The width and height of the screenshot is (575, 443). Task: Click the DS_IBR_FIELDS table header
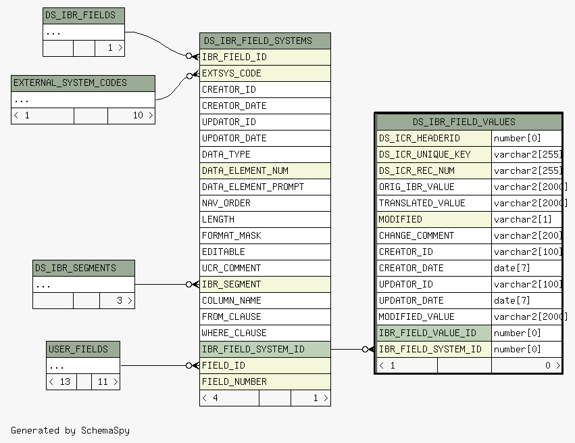[x=84, y=16]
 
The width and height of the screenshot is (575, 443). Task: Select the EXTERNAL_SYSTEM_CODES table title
[x=83, y=83]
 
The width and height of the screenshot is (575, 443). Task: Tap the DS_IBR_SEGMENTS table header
[x=84, y=269]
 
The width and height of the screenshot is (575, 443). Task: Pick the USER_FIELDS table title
[x=83, y=350]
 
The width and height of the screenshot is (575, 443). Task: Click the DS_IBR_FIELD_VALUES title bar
[x=469, y=122]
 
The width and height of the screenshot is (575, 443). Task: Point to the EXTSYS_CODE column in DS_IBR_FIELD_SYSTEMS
[x=265, y=74]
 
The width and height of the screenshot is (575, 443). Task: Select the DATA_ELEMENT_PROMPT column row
[x=265, y=187]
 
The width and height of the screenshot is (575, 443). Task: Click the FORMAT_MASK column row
[x=265, y=235]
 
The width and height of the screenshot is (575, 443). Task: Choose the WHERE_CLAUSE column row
[x=265, y=333]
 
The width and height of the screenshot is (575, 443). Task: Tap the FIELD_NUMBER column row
[x=265, y=381]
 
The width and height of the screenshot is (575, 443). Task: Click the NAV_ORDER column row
[x=265, y=204]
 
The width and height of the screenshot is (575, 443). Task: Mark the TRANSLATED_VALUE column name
[x=422, y=204]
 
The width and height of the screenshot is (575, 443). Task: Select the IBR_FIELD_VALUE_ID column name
[x=427, y=333]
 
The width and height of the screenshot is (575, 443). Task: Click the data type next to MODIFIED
[x=522, y=220]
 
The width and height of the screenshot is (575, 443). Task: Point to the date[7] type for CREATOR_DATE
[x=512, y=269]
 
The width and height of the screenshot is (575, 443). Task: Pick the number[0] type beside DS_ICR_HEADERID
[x=517, y=139]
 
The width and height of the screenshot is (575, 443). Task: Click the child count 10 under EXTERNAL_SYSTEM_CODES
[x=138, y=115]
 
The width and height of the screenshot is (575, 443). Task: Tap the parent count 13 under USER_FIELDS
[x=65, y=381]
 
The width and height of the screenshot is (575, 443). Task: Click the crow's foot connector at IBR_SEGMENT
[x=193, y=285]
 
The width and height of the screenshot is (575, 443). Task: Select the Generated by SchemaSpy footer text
[x=70, y=431]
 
